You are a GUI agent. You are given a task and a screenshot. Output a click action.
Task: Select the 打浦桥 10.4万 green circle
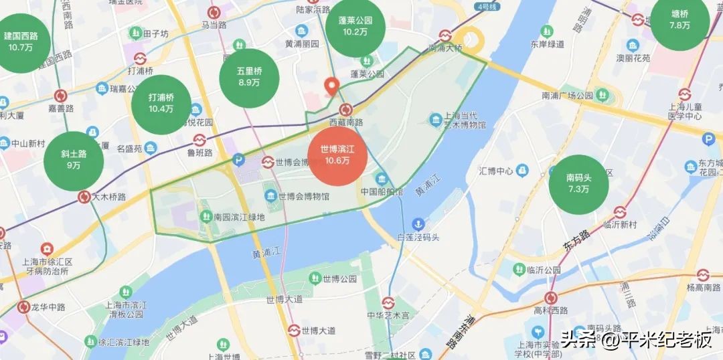161,103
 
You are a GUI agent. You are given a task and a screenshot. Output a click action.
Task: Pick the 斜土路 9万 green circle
74,160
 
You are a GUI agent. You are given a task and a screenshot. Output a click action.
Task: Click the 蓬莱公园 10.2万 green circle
355,26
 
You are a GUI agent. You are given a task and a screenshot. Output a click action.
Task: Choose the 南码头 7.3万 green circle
578,183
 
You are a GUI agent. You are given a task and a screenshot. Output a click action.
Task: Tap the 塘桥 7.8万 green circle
679,20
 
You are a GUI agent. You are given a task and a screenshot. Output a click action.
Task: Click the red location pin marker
331,87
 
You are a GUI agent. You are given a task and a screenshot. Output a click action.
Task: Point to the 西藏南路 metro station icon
346,110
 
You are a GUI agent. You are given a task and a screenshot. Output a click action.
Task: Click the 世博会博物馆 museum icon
270,195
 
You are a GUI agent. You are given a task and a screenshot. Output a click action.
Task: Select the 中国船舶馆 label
382,191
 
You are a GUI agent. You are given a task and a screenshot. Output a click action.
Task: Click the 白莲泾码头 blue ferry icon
418,223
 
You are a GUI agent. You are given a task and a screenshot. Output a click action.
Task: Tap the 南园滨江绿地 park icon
206,216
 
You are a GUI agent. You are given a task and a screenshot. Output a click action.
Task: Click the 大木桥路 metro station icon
84,197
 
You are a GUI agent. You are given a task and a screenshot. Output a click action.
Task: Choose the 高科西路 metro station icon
551,298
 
